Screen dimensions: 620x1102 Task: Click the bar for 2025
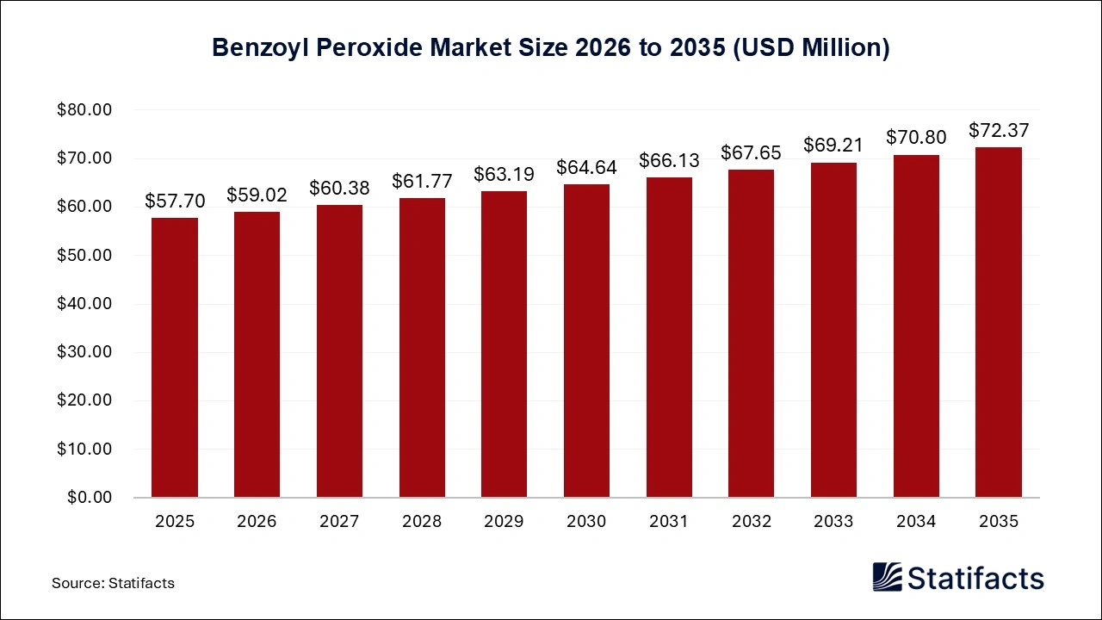pyautogui.click(x=175, y=357)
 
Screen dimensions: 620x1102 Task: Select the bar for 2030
pyautogui.click(x=586, y=340)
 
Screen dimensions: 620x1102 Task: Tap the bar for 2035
pyautogui.click(x=999, y=322)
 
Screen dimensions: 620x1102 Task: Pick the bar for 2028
pyautogui.click(x=422, y=347)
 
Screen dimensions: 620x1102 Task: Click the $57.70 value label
pyautogui.click(x=175, y=201)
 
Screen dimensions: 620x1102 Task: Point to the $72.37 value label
pyautogui.click(x=999, y=131)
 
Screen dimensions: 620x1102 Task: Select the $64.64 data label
pyautogui.click(x=586, y=168)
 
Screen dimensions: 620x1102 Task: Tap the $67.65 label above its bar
pyautogui.click(x=752, y=153)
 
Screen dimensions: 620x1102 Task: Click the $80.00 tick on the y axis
pyautogui.click(x=84, y=110)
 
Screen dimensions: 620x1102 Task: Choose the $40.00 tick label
pyautogui.click(x=84, y=304)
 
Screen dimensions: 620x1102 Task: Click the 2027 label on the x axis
pyautogui.click(x=339, y=522)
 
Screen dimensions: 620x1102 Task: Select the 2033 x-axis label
pyautogui.click(x=833, y=522)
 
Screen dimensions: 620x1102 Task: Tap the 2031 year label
pyautogui.click(x=669, y=522)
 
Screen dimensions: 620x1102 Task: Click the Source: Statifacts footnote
pyautogui.click(x=113, y=583)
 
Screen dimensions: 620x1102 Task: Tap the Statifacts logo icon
pyautogui.click(x=888, y=577)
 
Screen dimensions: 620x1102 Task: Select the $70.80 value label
pyautogui.click(x=916, y=138)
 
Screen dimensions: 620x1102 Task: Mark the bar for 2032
pyautogui.click(x=752, y=333)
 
